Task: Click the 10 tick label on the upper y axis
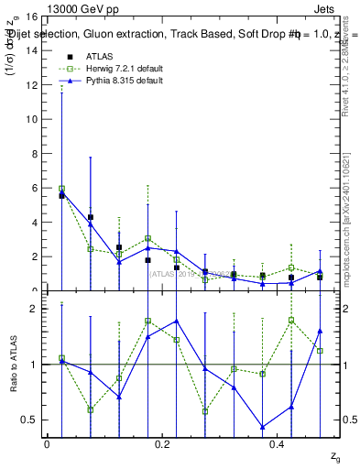[31, 119]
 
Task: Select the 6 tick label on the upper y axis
[34, 188]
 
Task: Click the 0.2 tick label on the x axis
[162, 444]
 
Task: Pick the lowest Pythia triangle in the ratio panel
[263, 427]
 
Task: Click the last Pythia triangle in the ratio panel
[320, 331]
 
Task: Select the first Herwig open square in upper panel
[61, 188]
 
